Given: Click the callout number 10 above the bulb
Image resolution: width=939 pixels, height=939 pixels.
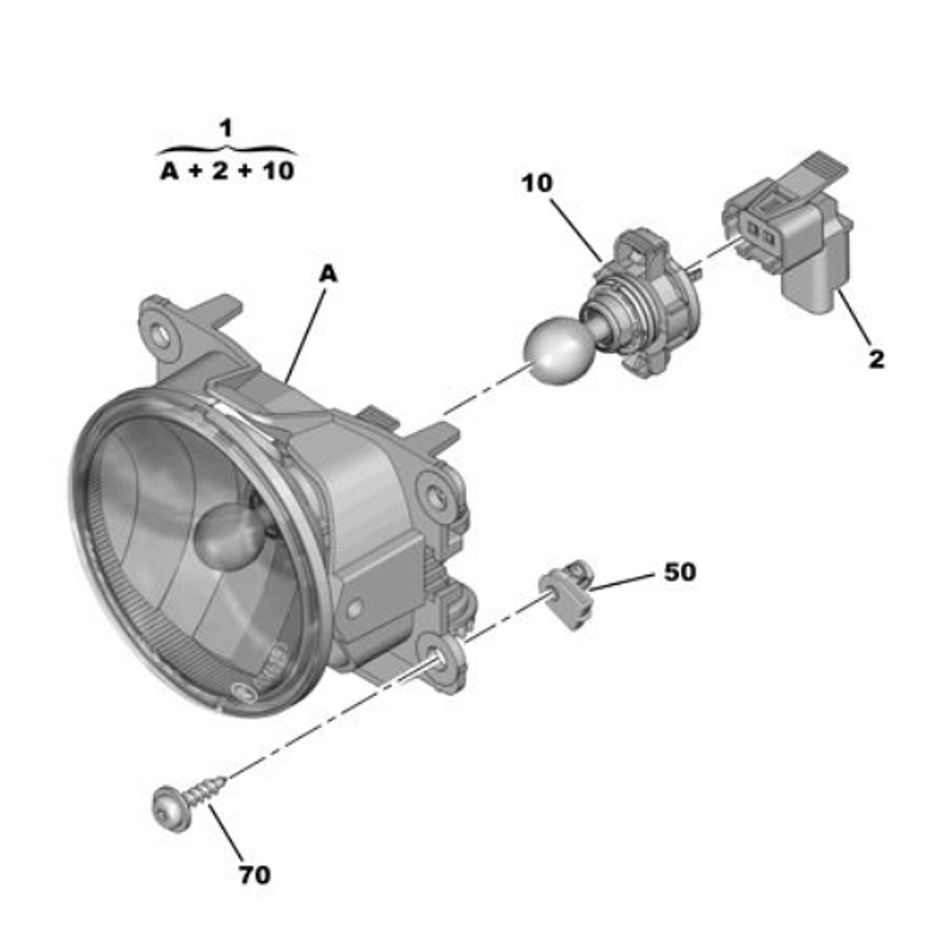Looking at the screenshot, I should [538, 183].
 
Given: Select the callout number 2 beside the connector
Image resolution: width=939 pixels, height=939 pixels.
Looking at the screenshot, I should [875, 359].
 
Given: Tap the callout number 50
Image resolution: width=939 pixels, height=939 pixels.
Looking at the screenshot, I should [680, 572].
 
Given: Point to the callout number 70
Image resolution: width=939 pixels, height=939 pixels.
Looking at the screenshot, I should [254, 875].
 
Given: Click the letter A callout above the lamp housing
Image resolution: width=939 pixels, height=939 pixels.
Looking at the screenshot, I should [328, 273].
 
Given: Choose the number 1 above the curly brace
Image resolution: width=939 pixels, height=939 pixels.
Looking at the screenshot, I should [225, 129].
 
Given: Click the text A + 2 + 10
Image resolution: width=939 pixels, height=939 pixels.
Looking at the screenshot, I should [226, 171].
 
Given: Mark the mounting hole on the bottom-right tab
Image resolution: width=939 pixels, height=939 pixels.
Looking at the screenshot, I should [438, 663].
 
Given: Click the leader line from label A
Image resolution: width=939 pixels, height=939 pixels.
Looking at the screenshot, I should [306, 330].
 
